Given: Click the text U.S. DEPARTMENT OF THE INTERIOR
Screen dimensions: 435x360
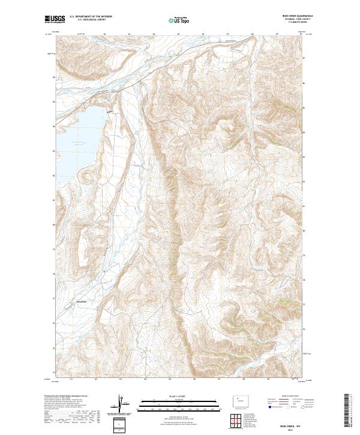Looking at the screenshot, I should (x=90, y=17).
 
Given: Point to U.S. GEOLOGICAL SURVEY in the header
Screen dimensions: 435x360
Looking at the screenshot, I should (x=86, y=20).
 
